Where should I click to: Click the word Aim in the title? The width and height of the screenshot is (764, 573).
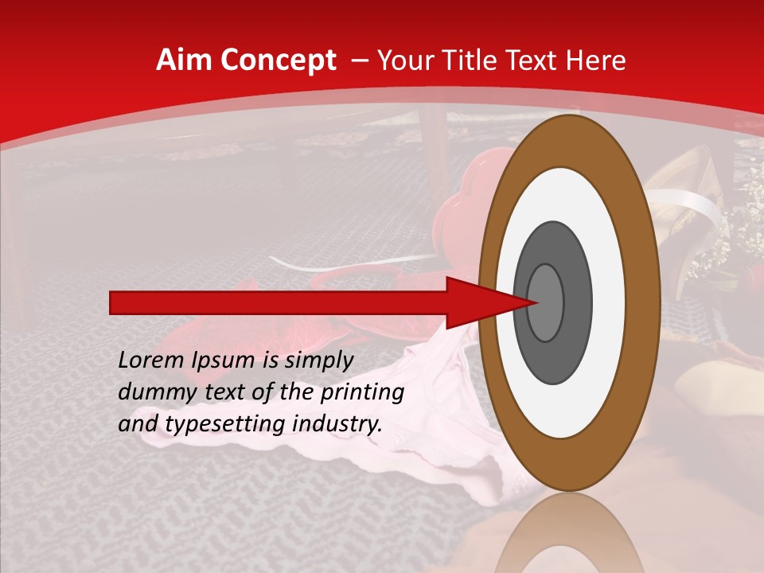(x=183, y=60)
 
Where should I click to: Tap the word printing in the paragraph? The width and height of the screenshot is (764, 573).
(x=363, y=392)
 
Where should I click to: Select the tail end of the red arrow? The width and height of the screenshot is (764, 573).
(x=112, y=302)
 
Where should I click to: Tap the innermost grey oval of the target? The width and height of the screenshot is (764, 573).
(x=546, y=302)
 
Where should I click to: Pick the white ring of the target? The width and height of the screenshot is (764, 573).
(x=569, y=406)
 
